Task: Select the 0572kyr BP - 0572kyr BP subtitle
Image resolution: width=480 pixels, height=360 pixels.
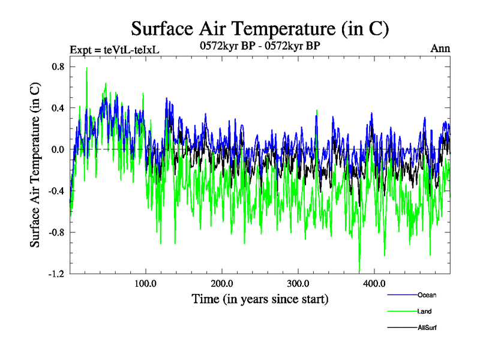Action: click(260, 46)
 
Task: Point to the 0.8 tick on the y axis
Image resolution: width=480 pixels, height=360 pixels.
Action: click(58, 67)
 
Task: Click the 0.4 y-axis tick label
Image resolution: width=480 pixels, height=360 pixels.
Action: click(58, 108)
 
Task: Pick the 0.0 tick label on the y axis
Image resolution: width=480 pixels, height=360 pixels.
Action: click(58, 149)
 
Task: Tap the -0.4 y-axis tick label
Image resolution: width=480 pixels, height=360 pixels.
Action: click(56, 191)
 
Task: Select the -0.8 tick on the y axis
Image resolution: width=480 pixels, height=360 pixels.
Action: click(56, 232)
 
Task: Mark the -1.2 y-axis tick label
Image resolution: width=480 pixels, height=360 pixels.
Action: click(56, 274)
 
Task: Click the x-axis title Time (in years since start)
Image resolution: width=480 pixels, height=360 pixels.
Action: click(260, 298)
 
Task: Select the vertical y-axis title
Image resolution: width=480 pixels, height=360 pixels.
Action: click(35, 170)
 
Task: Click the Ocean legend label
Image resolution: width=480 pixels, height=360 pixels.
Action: click(428, 295)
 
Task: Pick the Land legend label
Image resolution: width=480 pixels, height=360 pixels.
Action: click(424, 311)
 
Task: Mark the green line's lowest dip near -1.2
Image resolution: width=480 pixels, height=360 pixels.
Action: click(359, 271)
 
